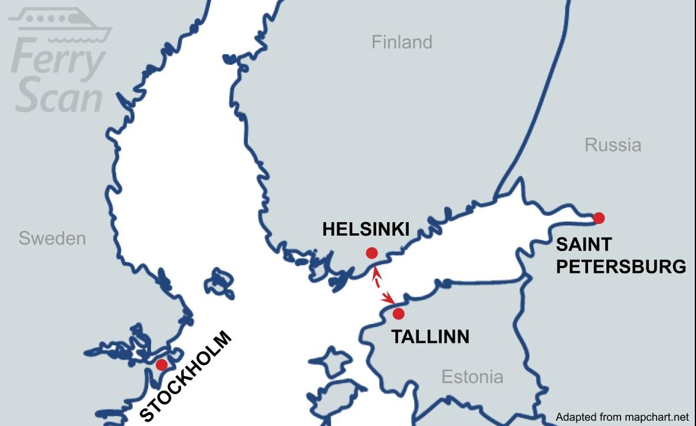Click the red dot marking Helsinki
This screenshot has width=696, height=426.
pyautogui.click(x=372, y=253)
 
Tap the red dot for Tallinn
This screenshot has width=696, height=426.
pyautogui.click(x=399, y=313)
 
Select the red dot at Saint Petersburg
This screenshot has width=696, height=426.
pyautogui.click(x=599, y=218)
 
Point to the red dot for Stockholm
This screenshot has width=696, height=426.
pyautogui.click(x=161, y=365)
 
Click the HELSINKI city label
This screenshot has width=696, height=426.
pyautogui.click(x=366, y=229)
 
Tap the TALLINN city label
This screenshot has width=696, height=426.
pyautogui.click(x=431, y=337)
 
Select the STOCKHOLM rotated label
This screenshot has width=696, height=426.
pyautogui.click(x=186, y=378)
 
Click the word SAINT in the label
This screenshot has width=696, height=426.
pyautogui.click(x=583, y=244)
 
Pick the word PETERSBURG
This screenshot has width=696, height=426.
pyautogui.click(x=621, y=266)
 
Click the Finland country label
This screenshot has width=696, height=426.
pyautogui.click(x=402, y=42)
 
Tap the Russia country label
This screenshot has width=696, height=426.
pyautogui.click(x=613, y=145)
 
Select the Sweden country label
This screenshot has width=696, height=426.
pyautogui.click(x=52, y=239)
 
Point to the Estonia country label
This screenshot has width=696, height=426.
pyautogui.click(x=472, y=377)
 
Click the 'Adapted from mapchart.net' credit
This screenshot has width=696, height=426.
pyautogui.click(x=622, y=417)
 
